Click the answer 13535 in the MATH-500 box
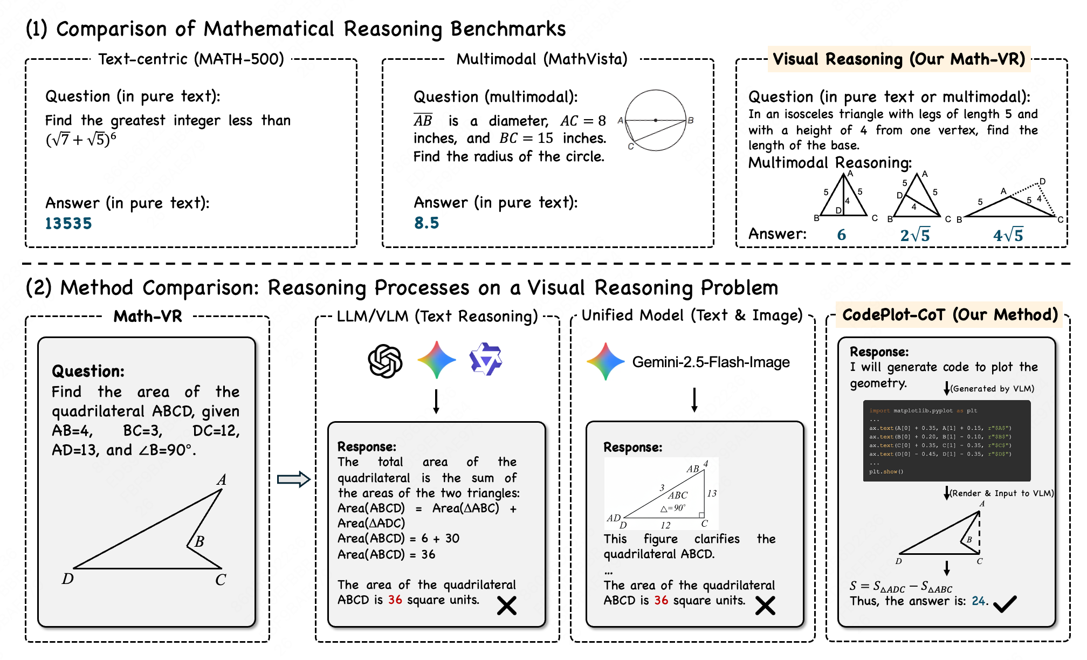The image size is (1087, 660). click(x=68, y=223)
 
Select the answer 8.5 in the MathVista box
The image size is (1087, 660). click(x=426, y=223)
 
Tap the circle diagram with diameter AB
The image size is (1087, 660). click(x=656, y=121)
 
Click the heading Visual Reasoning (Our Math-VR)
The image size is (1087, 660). click(x=899, y=59)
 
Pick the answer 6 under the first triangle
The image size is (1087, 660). click(x=841, y=235)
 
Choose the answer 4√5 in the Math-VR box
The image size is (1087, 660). click(x=1008, y=235)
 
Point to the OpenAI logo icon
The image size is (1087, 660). click(x=385, y=361)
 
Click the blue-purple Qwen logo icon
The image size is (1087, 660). click(x=486, y=359)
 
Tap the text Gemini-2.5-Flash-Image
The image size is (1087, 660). click(x=711, y=362)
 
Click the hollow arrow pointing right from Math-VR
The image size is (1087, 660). click(x=293, y=479)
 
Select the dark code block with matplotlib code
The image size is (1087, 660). click(x=946, y=441)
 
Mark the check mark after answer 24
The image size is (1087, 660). click(x=1005, y=603)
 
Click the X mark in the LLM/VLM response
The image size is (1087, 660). click(x=506, y=606)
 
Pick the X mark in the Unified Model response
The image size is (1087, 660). click(x=765, y=606)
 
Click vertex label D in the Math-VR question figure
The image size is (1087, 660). click(x=67, y=579)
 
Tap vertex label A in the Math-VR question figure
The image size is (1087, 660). click(x=221, y=479)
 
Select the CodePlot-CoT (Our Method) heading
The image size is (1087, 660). click(x=950, y=314)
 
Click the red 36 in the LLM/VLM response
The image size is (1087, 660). click(x=395, y=600)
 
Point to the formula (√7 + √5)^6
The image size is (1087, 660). click(x=81, y=139)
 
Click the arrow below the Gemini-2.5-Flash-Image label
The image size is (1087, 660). click(x=694, y=400)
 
